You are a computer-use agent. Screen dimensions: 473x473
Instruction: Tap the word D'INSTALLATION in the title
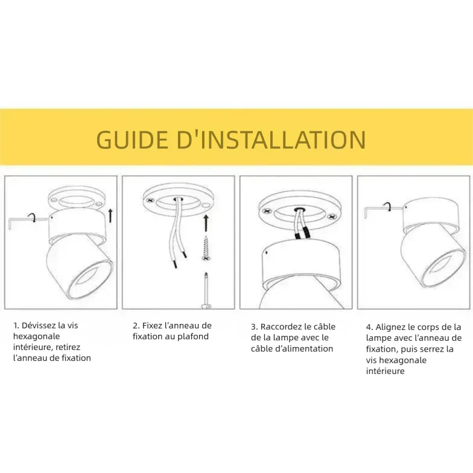pyautogui.click(x=271, y=139)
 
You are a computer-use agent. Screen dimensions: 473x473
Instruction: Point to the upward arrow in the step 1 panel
pyautogui.click(x=110, y=215)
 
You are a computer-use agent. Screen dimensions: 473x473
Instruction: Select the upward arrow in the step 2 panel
pyautogui.click(x=206, y=223)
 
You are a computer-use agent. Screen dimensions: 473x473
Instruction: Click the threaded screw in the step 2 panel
pyautogui.click(x=206, y=249)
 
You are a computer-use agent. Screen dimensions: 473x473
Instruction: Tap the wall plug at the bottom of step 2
pyautogui.click(x=206, y=291)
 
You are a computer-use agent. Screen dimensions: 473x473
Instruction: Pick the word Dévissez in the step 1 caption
pyautogui.click(x=39, y=326)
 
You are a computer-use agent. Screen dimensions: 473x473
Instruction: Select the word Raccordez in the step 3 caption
pyautogui.click(x=281, y=327)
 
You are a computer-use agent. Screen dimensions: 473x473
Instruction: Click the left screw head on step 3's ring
pyautogui.click(x=267, y=211)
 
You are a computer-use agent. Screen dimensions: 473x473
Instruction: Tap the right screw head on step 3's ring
pyautogui.click(x=332, y=217)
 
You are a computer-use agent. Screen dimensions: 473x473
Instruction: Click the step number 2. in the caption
pyautogui.click(x=136, y=326)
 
